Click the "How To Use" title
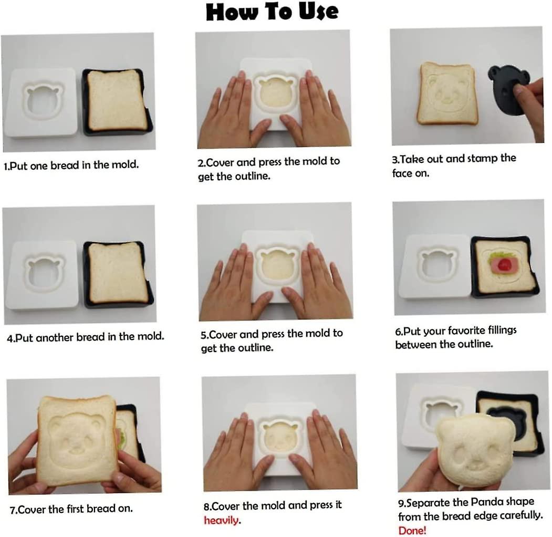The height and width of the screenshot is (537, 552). [272, 12]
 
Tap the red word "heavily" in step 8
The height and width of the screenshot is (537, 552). [221, 520]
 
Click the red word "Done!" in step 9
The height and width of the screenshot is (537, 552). [412, 530]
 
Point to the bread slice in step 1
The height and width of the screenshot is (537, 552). [117, 100]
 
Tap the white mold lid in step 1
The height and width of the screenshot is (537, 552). [40, 102]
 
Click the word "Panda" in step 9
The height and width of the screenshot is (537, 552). [487, 502]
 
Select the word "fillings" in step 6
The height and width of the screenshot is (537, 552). [502, 331]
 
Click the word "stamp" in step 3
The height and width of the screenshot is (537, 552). [482, 159]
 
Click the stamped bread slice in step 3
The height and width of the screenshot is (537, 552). [447, 94]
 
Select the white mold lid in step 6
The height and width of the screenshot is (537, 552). [436, 267]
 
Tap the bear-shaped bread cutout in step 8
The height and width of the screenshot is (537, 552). [279, 438]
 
